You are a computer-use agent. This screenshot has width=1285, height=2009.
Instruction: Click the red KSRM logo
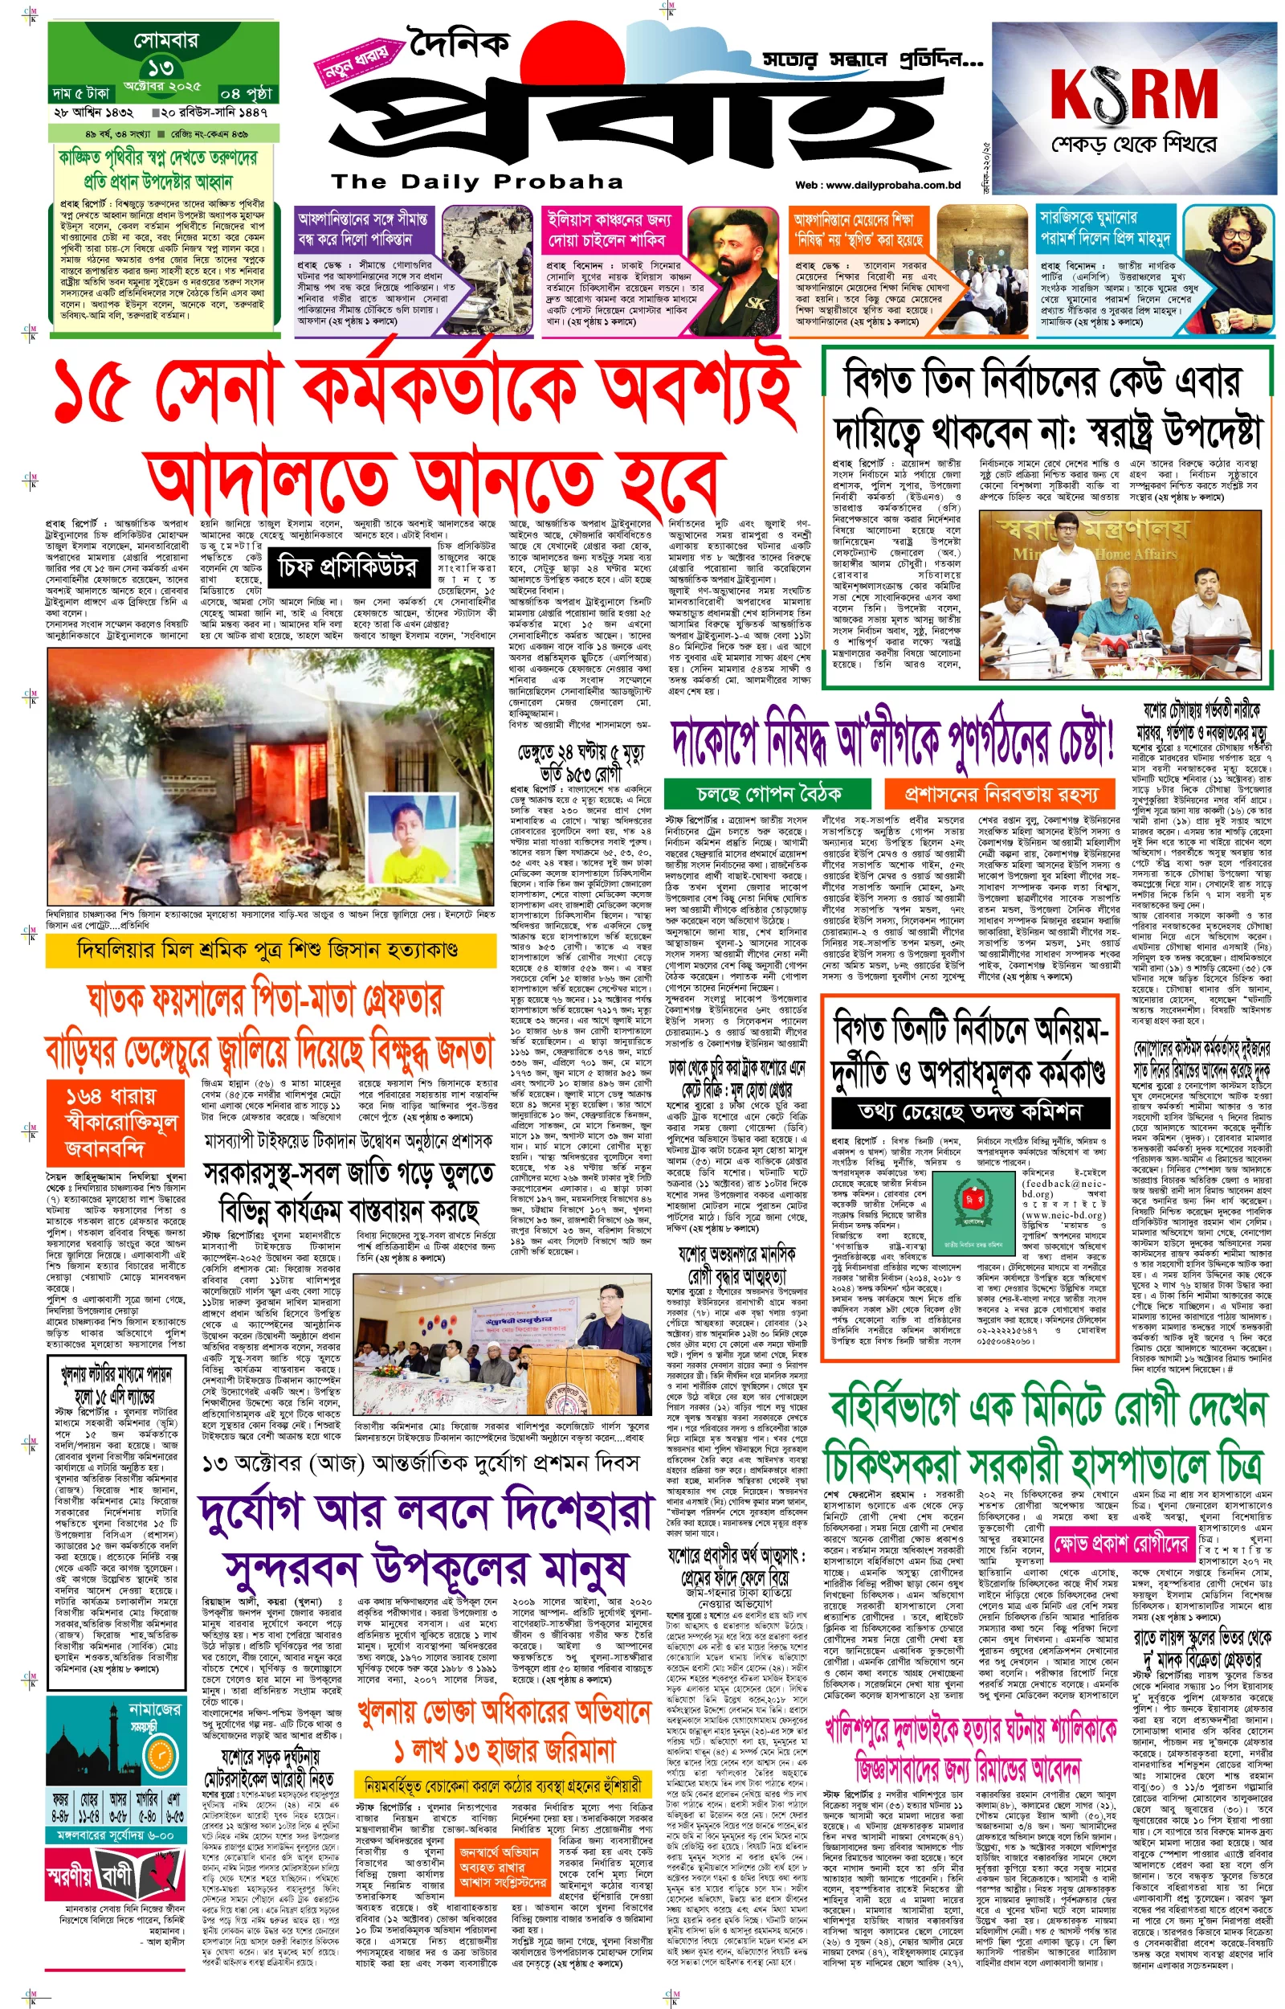click(1133, 92)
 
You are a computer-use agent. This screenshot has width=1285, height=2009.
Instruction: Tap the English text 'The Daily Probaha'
click(476, 182)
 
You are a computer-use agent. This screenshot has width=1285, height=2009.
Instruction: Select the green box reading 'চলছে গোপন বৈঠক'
click(769, 793)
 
